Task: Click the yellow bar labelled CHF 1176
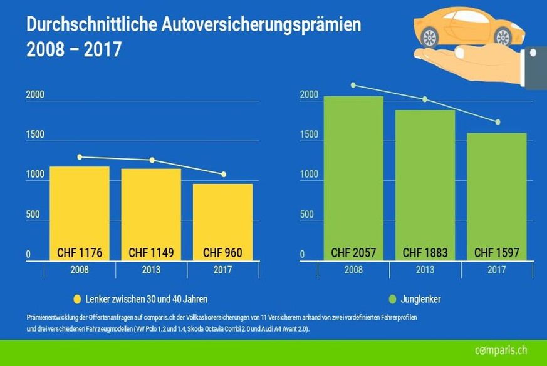coord(80,206)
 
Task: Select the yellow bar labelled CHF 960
coord(222,216)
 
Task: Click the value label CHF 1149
coord(151,253)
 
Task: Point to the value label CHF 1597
coord(497,253)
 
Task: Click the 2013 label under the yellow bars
coord(151,270)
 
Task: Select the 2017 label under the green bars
coord(497,270)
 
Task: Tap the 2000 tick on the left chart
coord(35,95)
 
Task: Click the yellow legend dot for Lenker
coord(78,299)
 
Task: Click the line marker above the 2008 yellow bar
coord(80,157)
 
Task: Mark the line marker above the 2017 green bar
coord(498,122)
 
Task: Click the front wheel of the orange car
coord(429,38)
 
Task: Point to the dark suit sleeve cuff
coord(533,68)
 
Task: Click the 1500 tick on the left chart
coord(35,135)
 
